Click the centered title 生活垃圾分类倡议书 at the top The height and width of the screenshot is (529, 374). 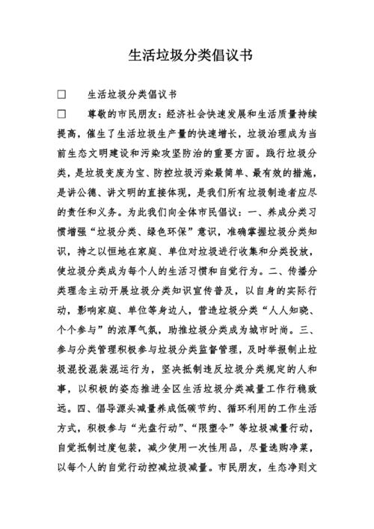pos(186,56)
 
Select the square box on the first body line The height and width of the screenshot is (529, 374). pos(62,95)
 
